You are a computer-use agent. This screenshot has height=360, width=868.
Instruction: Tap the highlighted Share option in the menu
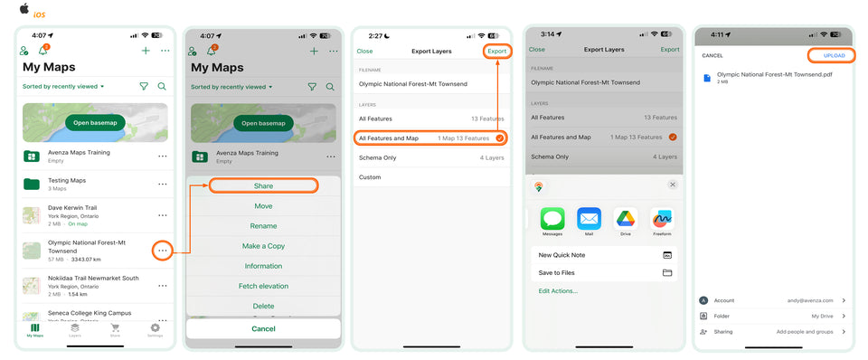tap(263, 185)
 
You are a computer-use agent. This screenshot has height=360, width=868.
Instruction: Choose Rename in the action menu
tap(263, 225)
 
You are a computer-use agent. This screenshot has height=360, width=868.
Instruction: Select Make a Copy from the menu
tap(263, 246)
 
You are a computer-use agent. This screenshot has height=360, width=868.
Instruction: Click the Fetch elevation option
tap(263, 286)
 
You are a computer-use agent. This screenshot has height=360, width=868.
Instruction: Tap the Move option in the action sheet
tap(263, 206)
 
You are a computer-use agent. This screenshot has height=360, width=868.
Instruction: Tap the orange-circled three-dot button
tap(163, 251)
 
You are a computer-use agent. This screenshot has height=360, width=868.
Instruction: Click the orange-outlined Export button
tap(497, 51)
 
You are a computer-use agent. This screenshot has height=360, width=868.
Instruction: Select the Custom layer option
tap(369, 176)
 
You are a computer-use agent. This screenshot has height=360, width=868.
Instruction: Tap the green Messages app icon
tap(552, 219)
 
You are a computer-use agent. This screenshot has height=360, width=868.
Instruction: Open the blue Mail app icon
tap(589, 219)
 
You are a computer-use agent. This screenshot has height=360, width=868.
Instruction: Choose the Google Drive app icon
tap(626, 219)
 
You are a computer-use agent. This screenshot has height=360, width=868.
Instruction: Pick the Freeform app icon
tap(662, 219)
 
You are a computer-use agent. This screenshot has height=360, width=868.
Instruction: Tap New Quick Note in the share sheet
tap(562, 255)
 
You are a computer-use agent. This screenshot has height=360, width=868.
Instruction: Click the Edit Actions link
tap(558, 291)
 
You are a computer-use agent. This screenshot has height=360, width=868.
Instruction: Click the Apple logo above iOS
tap(24, 7)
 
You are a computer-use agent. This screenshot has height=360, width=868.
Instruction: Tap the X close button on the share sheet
tap(672, 185)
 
